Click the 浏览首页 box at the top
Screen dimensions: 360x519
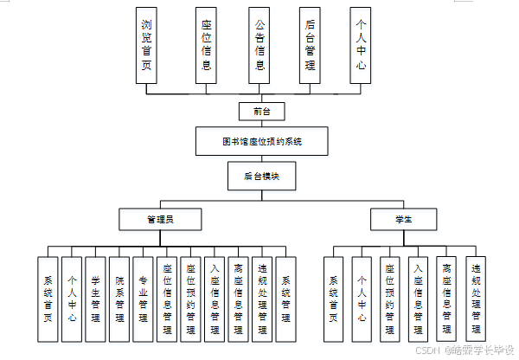tap(148, 45)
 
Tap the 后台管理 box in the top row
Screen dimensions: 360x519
tap(310, 45)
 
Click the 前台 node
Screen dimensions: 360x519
tap(261, 112)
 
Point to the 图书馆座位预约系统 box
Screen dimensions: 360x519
tap(261, 141)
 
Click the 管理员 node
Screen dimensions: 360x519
tap(160, 220)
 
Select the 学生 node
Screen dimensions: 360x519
tap(403, 220)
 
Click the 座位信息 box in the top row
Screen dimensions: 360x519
tap(205, 45)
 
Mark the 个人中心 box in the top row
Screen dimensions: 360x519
tap(361, 45)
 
